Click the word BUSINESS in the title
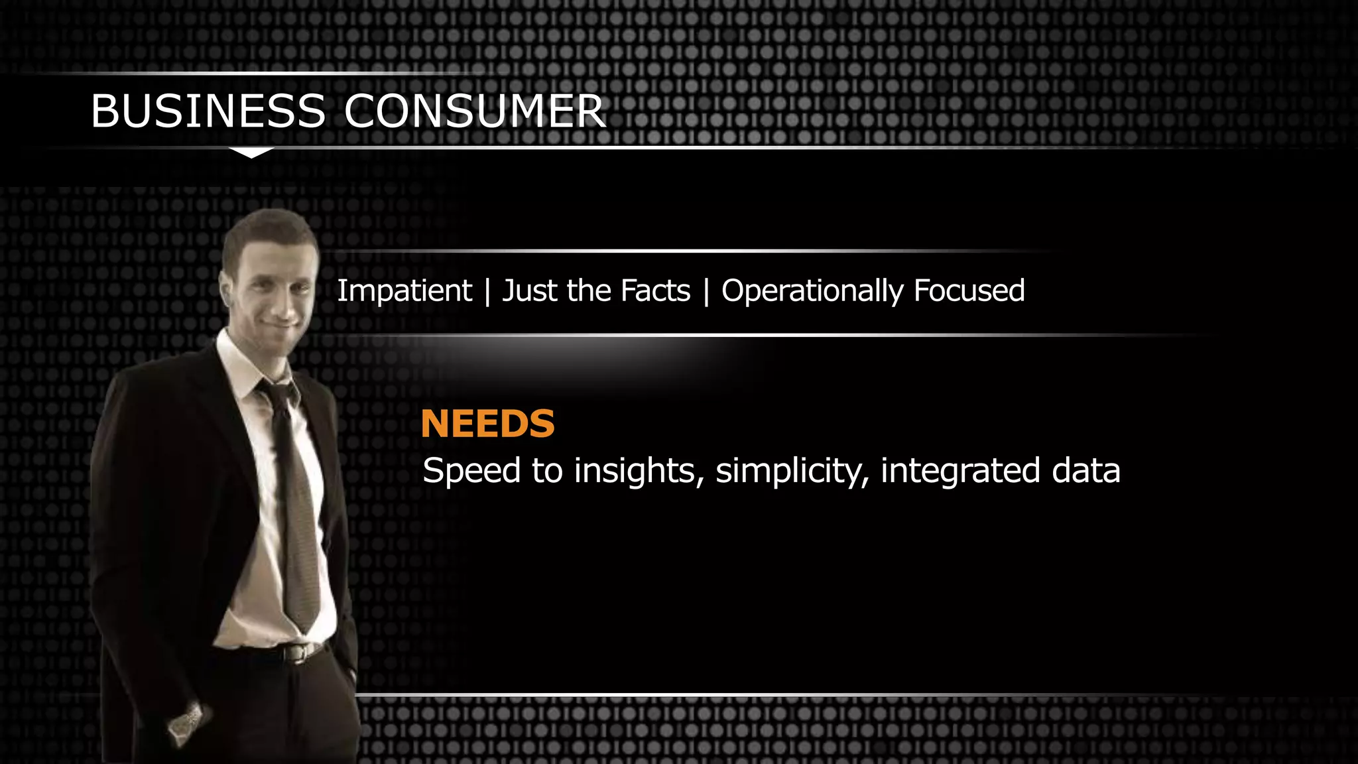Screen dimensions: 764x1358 (208, 111)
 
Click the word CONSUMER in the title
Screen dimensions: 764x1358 (474, 111)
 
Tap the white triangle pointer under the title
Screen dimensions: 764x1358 (251, 153)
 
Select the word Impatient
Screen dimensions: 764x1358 (404, 291)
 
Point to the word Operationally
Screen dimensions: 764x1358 (812, 291)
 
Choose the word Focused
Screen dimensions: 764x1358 (969, 291)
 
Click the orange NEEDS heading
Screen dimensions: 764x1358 (487, 424)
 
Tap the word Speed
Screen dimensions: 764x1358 (471, 471)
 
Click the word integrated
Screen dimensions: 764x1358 (960, 471)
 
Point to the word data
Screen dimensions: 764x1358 (1085, 471)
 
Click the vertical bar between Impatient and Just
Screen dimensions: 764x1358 (487, 291)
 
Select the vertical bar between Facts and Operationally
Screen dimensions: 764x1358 (706, 291)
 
